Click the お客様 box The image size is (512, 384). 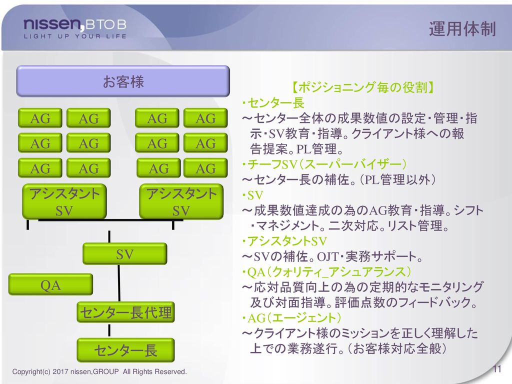[x=123, y=81]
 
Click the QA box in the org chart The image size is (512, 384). [x=50, y=284]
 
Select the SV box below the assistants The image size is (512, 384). [x=124, y=253]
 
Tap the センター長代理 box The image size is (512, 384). [x=125, y=312]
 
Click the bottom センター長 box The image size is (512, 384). [x=125, y=350]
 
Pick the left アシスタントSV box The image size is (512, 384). [x=64, y=201]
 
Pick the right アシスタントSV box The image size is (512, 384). [x=181, y=201]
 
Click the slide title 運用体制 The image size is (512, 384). [x=462, y=28]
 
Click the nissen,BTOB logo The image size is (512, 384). [x=75, y=24]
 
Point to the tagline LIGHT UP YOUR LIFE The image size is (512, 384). [x=75, y=36]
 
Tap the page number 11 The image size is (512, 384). [x=497, y=368]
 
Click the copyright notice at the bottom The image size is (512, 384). [x=99, y=371]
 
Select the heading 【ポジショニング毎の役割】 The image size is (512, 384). [x=362, y=87]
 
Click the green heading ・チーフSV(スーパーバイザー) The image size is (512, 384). [x=324, y=164]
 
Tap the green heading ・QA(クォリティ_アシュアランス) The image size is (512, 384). [x=326, y=271]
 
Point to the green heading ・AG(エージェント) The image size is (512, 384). [x=291, y=317]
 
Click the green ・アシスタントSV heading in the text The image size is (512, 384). [x=284, y=241]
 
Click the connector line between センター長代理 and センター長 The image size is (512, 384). [x=109, y=330]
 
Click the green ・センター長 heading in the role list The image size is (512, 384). [x=273, y=103]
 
